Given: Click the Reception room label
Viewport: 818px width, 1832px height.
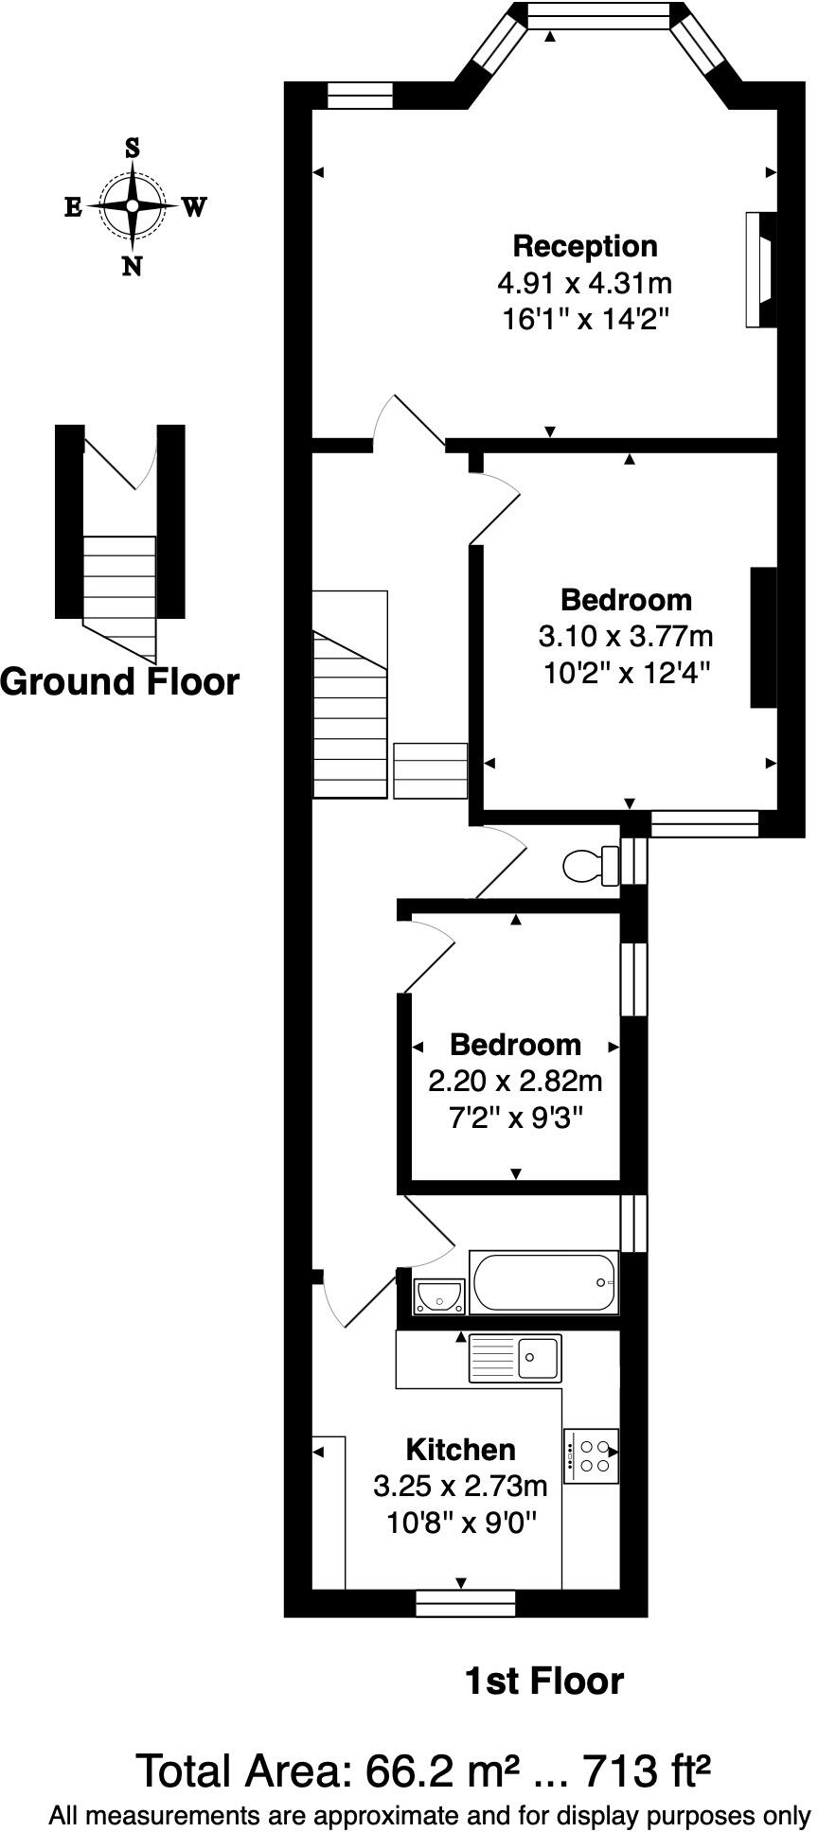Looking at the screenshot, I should click(x=584, y=246).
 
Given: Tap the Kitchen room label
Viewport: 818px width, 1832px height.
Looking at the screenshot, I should click(x=460, y=1450).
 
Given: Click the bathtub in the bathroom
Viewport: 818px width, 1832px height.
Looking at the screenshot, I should click(x=543, y=1282).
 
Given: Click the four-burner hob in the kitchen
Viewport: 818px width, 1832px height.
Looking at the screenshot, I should click(x=592, y=1455).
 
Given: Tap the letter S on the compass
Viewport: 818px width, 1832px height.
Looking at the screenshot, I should click(x=133, y=148).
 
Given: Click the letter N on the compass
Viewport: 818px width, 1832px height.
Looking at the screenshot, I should click(x=133, y=267).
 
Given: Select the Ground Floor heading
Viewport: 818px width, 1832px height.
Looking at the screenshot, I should click(x=119, y=681).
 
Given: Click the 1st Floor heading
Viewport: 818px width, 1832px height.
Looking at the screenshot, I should click(x=544, y=1682).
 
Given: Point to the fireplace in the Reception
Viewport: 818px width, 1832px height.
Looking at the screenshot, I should click(x=760, y=270).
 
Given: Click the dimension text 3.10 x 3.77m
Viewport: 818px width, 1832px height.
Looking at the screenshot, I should click(x=626, y=636).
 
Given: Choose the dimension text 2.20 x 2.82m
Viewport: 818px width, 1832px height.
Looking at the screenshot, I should click(x=515, y=1081).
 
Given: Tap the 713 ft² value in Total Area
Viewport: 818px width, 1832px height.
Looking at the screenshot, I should click(x=646, y=1770).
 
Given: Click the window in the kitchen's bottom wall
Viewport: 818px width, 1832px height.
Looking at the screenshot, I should click(x=465, y=1603).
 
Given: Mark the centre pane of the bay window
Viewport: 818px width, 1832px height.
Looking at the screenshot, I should click(x=597, y=15).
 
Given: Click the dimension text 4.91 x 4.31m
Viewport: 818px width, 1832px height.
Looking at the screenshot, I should click(x=584, y=282).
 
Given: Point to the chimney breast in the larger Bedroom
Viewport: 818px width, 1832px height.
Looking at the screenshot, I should click(x=764, y=637).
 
